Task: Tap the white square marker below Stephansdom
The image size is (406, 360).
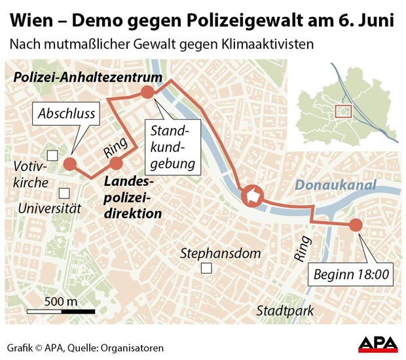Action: click(207, 268)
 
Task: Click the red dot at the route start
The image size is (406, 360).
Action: click(356, 225)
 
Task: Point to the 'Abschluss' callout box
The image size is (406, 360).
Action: click(67, 113)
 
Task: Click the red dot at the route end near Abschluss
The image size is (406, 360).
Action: click(70, 164)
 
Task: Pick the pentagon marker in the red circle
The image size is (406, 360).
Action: click(252, 195)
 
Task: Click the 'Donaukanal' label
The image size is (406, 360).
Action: click(335, 185)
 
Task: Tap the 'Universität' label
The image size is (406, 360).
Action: click(49, 209)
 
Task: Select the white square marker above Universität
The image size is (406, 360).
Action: click(64, 193)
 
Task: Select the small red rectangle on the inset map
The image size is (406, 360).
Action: click(343, 111)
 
